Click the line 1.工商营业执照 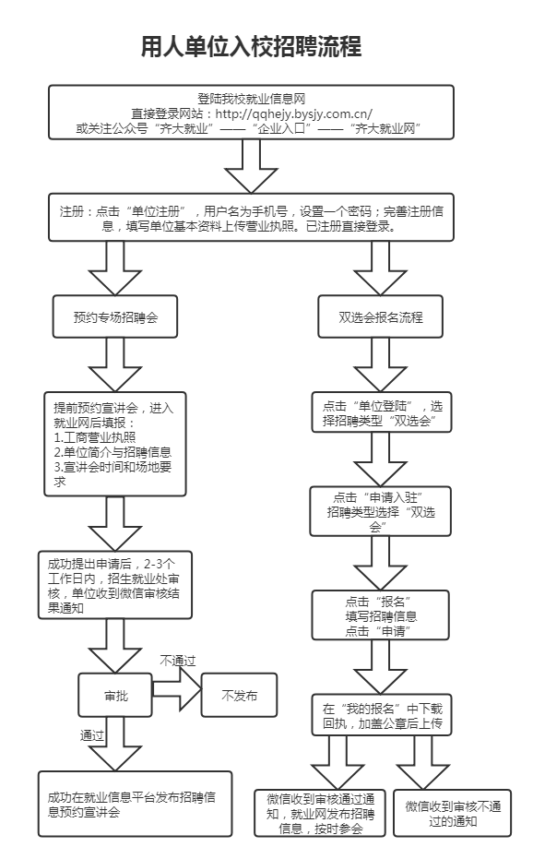[x=95, y=436]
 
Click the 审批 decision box [x=116, y=696]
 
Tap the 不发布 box [x=239, y=696]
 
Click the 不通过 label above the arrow [x=177, y=661]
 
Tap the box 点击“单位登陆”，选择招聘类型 [x=381, y=413]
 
